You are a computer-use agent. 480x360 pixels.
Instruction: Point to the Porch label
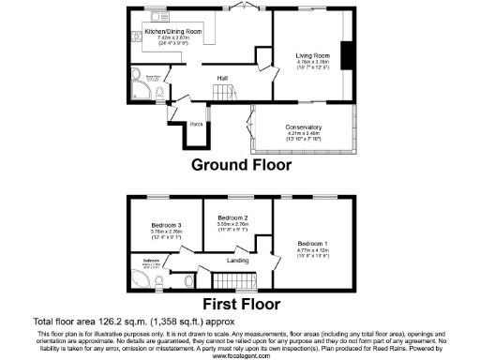point(197,124)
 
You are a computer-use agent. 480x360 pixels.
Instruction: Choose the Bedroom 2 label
point(231,217)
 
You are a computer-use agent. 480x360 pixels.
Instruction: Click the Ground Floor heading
point(241,164)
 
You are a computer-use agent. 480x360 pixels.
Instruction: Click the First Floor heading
point(240,304)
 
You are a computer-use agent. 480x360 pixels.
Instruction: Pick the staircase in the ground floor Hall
point(224,92)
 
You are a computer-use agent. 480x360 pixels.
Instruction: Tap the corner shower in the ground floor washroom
point(143,90)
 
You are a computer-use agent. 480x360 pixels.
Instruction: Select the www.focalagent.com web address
point(240,354)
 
